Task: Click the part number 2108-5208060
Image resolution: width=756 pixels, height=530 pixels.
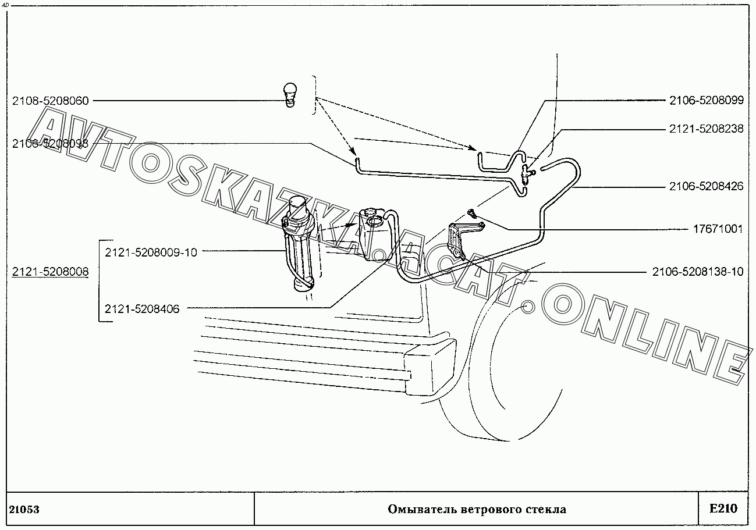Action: (x=51, y=101)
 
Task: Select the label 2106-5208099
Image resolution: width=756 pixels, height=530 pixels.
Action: (x=706, y=100)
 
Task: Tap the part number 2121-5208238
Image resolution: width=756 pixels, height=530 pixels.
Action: (x=706, y=129)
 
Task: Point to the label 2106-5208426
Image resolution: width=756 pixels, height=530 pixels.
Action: (x=706, y=187)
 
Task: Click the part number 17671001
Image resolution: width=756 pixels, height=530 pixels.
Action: (x=718, y=229)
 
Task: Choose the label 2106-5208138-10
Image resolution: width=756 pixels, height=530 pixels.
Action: (x=698, y=272)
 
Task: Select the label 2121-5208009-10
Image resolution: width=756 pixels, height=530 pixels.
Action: (x=151, y=252)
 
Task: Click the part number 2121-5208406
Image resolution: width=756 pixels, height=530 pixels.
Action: (x=142, y=309)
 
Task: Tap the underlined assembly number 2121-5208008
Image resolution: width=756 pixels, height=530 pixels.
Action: (x=51, y=271)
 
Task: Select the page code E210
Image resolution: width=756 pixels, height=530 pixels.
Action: (x=723, y=508)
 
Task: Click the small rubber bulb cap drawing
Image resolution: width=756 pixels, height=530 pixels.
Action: (x=290, y=94)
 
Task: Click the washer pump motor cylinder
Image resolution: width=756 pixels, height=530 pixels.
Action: (x=300, y=245)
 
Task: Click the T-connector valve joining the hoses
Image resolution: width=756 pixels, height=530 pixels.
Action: (x=526, y=173)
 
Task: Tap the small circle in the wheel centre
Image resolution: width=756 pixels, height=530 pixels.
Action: (x=528, y=306)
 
